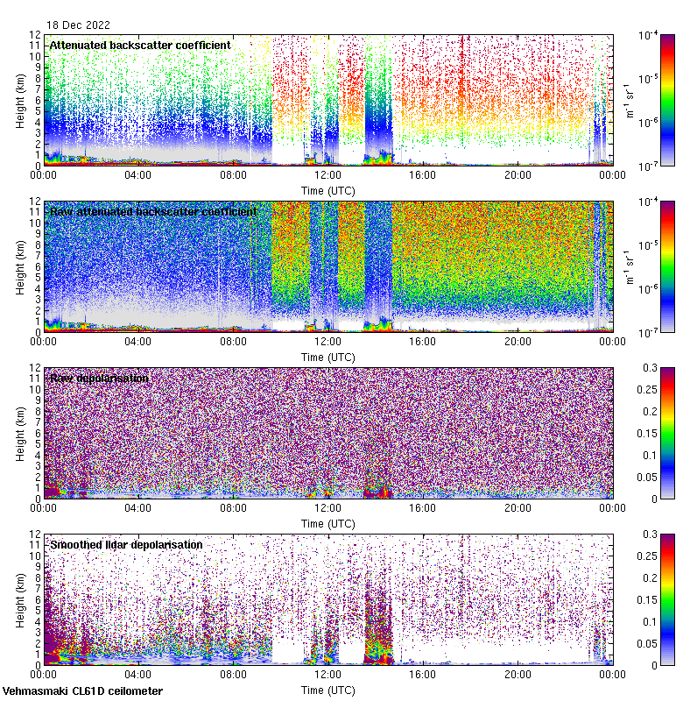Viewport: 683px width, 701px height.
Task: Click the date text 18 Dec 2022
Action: [x=77, y=25]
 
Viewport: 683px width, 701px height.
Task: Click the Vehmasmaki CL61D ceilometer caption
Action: [x=82, y=691]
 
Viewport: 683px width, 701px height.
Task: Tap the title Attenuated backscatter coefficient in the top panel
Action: [x=140, y=45]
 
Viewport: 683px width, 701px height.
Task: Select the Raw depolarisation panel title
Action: [x=99, y=378]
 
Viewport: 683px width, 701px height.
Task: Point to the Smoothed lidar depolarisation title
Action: [x=126, y=544]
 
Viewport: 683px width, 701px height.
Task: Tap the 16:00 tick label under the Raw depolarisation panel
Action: [x=422, y=508]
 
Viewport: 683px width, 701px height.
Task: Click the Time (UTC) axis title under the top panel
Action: [x=327, y=190]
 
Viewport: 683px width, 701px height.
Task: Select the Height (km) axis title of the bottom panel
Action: [x=21, y=599]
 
